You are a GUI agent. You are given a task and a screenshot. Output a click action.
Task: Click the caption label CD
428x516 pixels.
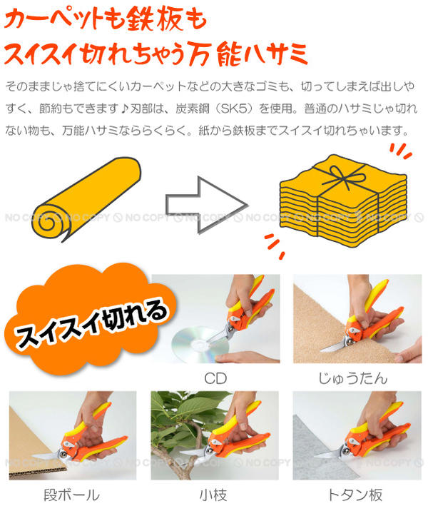[x=215, y=377]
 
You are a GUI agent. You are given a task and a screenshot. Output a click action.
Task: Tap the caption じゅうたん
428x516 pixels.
[x=352, y=377]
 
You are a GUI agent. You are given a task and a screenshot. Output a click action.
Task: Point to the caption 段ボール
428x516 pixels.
[x=71, y=494]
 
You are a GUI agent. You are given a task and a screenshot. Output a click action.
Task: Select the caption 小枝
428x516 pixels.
[x=215, y=494]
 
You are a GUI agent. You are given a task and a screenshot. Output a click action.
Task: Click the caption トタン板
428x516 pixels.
[x=353, y=494]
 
